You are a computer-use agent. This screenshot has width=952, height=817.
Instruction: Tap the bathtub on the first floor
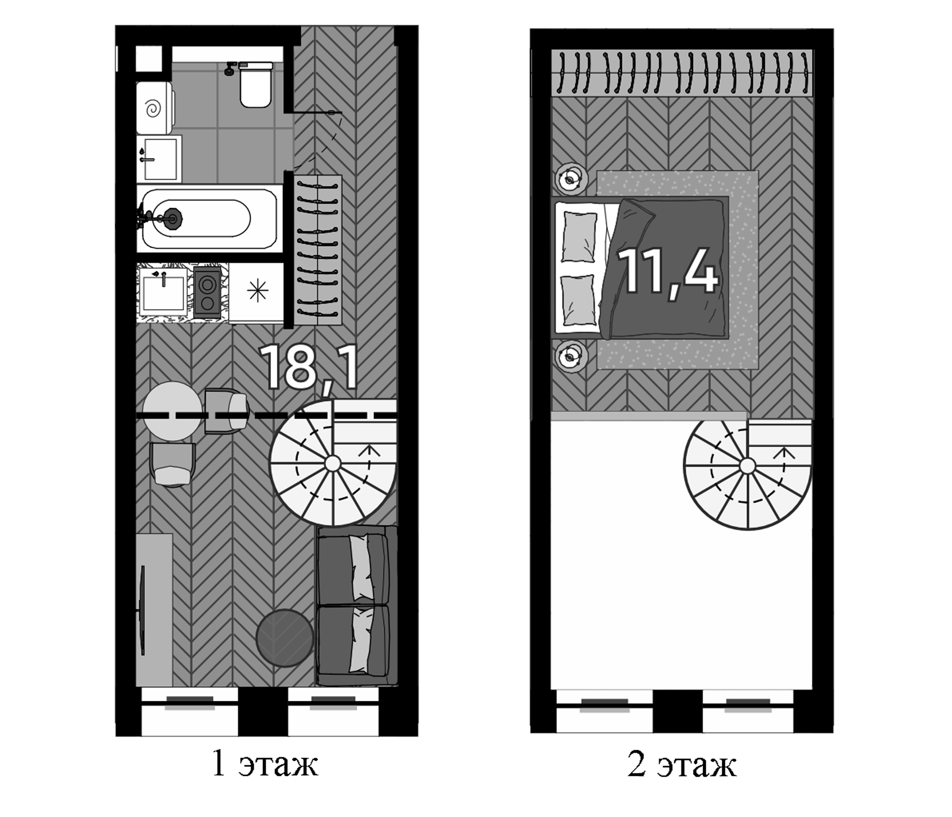[209, 218]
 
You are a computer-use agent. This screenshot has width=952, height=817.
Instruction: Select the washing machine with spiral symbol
[155, 108]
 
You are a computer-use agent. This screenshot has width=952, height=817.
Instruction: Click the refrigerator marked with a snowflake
[257, 293]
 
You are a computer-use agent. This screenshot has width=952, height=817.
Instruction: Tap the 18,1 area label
[308, 369]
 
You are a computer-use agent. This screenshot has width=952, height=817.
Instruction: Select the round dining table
[172, 412]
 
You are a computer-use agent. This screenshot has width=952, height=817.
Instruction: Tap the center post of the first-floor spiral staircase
[333, 464]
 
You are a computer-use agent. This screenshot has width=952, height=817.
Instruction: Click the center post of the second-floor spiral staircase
[748, 466]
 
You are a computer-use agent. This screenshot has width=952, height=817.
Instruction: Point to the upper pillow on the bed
[579, 237]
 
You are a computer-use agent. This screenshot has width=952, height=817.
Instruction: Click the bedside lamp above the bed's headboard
[571, 180]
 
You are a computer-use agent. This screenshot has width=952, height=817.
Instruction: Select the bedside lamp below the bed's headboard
[571, 356]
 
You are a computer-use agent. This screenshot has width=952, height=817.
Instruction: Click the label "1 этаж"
[265, 764]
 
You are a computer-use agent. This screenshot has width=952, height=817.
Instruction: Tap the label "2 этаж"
[682, 765]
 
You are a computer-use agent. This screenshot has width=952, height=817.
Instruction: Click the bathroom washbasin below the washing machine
[159, 159]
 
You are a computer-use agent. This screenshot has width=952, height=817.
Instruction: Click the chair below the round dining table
[172, 465]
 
